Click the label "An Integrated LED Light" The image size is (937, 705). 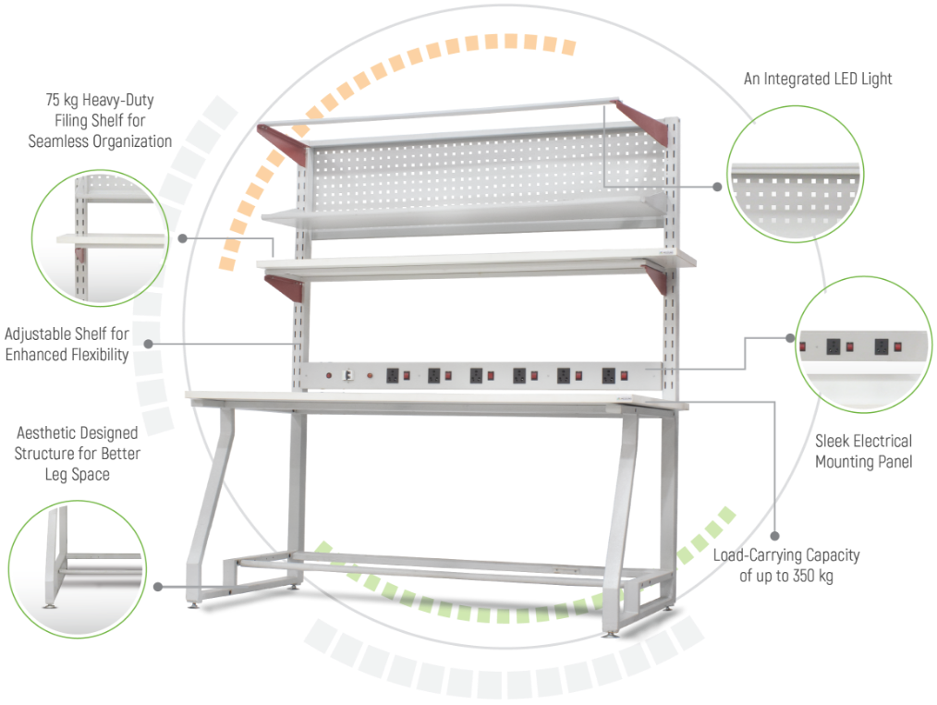click(x=818, y=79)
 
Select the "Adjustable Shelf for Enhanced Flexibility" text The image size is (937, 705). click(x=67, y=344)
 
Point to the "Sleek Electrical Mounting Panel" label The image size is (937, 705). click(x=863, y=451)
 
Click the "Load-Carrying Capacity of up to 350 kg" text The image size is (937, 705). click(x=786, y=565)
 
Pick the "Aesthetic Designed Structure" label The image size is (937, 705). click(x=79, y=454)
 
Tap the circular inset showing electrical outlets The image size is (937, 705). click(x=863, y=346)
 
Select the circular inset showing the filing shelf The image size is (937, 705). click(x=100, y=237)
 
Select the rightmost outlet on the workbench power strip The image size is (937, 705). click(x=609, y=376)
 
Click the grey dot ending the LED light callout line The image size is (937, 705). click(x=717, y=186)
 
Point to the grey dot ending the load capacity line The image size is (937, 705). click(x=775, y=535)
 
